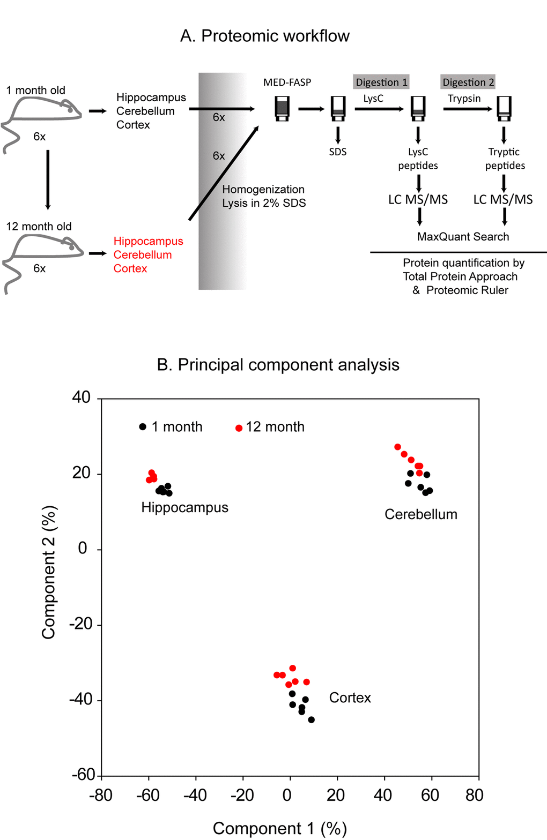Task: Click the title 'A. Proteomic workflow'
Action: click(264, 36)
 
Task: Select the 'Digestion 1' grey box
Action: click(381, 82)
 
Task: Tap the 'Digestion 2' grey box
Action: click(468, 82)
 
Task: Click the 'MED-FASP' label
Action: click(287, 82)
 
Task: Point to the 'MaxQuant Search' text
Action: click(463, 237)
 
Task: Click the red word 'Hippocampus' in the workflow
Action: click(148, 241)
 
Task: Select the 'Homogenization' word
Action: click(263, 189)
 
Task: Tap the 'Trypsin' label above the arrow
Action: click(464, 99)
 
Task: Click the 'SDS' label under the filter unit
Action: click(338, 152)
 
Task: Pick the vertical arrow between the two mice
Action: click(48, 179)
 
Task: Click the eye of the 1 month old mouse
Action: click(70, 110)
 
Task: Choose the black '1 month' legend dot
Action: click(143, 427)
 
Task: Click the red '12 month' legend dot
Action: click(239, 428)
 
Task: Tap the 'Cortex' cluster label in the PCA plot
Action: click(350, 697)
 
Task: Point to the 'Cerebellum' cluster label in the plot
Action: click(421, 514)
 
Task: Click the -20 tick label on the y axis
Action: click(81, 624)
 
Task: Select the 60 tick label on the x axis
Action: click(430, 795)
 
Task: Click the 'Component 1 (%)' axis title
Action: click(279, 828)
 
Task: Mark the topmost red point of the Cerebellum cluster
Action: click(397, 447)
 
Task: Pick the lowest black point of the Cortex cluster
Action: click(311, 719)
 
